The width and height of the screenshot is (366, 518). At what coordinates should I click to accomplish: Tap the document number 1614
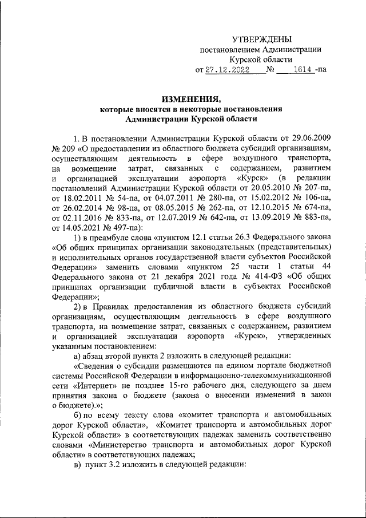(302, 70)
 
